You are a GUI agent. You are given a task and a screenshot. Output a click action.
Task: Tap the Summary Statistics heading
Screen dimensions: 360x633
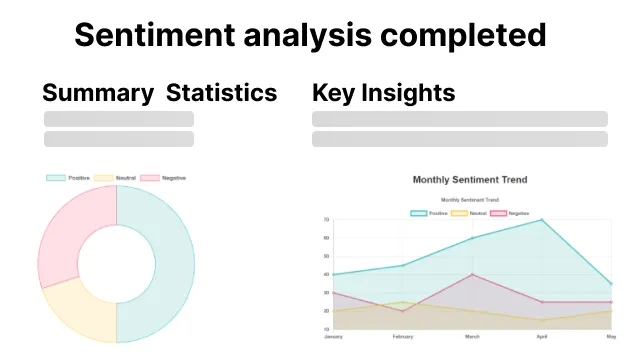tap(159, 93)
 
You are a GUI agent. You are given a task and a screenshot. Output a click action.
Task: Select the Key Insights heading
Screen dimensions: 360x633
tap(384, 93)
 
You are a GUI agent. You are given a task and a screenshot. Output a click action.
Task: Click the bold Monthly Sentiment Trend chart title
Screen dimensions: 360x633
tap(469, 180)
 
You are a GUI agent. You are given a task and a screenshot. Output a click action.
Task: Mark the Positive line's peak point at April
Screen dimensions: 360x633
tap(541, 220)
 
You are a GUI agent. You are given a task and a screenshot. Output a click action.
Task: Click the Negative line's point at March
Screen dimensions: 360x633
tap(471, 274)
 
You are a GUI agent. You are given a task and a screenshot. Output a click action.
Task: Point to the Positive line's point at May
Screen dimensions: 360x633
tap(611, 284)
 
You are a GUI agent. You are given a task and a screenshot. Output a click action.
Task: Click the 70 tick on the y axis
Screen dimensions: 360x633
tap(326, 220)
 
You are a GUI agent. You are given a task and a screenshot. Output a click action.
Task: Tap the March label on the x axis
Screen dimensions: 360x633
tap(471, 336)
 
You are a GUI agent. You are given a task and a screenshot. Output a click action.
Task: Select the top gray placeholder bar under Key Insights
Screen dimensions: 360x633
tap(459, 119)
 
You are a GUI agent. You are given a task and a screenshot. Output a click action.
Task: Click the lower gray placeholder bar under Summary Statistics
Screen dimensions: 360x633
tap(119, 139)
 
